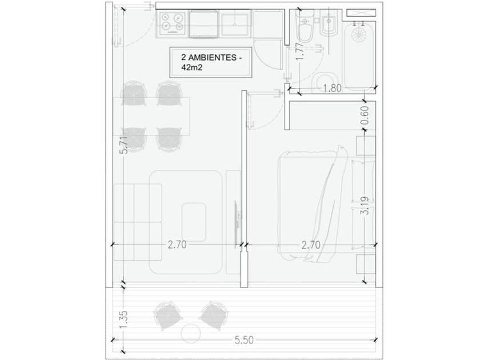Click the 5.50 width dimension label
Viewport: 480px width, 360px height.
point(244,340)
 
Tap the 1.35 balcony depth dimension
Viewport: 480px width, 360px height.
point(123,320)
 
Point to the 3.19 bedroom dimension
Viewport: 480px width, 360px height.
point(365,205)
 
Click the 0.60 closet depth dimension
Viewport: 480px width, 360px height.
point(365,115)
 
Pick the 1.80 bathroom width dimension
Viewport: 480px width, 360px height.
point(332,88)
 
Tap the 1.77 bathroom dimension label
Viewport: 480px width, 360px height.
point(301,51)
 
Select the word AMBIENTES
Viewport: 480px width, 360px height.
point(212,57)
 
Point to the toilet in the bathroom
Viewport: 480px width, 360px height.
point(306,29)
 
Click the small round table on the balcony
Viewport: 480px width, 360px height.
point(191,333)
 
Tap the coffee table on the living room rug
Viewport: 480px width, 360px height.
point(194,222)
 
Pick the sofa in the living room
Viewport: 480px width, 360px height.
point(138,222)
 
